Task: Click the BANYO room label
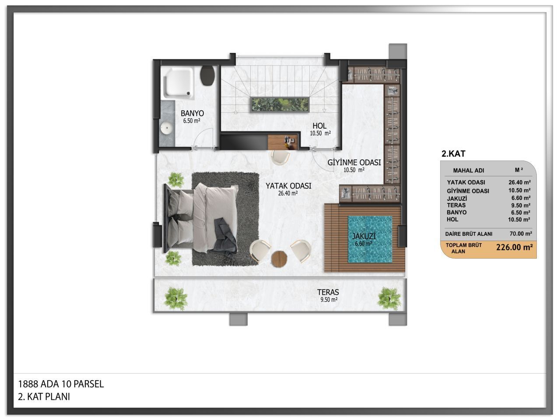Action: pos(192,113)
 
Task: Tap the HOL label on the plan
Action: pos(319,126)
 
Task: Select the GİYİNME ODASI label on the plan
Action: pos(354,162)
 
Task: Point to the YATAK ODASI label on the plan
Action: pos(288,186)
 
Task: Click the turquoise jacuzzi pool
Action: pos(370,239)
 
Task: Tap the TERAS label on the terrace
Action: pos(328,292)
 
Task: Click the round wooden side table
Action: pos(279,259)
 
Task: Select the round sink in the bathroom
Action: pos(166,128)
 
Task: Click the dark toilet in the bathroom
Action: pos(207,76)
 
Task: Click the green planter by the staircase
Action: pos(280,105)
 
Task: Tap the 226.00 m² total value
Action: pos(514,247)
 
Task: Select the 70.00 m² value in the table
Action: pos(521,234)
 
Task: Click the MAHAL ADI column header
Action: pos(469,171)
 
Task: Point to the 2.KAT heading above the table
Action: pos(453,154)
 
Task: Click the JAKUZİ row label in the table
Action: pos(457,198)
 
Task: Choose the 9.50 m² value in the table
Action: pos(521,205)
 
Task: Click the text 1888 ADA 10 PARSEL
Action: pos(61,384)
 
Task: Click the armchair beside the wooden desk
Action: pos(280,157)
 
